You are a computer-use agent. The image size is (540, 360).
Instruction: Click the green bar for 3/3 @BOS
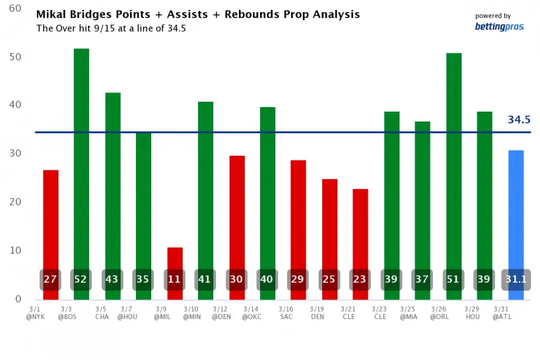click(x=81, y=159)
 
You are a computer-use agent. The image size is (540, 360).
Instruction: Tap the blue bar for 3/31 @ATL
click(x=516, y=211)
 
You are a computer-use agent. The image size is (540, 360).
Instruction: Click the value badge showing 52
click(x=81, y=279)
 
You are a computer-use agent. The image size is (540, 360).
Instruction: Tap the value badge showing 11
click(x=175, y=279)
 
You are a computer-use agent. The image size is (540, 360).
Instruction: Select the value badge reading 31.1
click(x=516, y=279)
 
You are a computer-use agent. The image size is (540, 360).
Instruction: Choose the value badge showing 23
click(x=360, y=279)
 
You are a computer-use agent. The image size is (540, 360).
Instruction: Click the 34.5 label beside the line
click(x=519, y=120)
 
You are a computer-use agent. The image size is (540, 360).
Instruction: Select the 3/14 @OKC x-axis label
click(x=252, y=312)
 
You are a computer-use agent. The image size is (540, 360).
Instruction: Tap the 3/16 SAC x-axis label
click(x=286, y=312)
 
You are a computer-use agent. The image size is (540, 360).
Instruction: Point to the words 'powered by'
click(x=492, y=16)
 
